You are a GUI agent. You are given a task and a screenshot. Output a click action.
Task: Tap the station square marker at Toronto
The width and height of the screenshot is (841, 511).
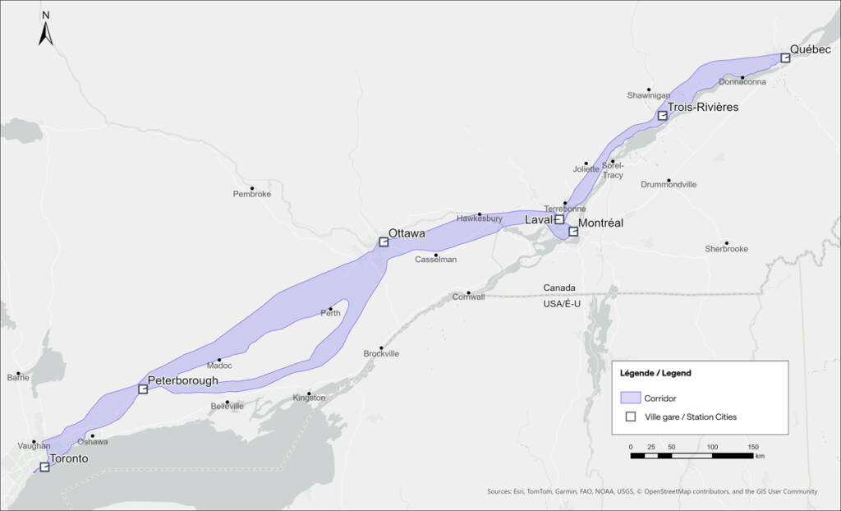pos(44,467)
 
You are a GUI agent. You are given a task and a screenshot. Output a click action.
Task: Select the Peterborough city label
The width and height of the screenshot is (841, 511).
pos(183,380)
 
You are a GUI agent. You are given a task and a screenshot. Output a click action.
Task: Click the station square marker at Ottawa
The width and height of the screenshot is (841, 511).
pos(383,242)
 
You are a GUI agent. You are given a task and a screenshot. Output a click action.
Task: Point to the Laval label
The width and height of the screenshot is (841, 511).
pos(538,220)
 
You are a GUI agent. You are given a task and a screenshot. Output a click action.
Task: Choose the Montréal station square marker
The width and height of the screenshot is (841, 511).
pos(573,232)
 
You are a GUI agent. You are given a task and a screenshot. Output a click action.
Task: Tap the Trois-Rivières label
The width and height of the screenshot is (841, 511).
pos(702,108)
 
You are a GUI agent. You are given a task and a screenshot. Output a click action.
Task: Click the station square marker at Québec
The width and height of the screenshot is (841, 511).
pos(785,58)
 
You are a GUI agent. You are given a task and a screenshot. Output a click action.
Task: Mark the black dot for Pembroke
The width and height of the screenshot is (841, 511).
pos(252,188)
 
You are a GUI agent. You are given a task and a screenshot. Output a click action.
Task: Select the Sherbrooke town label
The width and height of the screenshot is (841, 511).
pos(726,249)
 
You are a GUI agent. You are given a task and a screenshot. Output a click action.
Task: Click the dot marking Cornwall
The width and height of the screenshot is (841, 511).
pos(468,293)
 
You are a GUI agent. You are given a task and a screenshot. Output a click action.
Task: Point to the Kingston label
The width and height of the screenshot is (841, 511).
pos(309,398)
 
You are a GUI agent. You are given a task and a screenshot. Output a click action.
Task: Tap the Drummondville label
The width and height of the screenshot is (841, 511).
pos(669,185)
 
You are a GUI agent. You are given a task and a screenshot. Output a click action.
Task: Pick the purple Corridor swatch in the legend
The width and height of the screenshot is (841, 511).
pos(631,398)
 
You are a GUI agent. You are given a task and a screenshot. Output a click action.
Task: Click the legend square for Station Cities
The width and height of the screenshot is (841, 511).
pos(631,417)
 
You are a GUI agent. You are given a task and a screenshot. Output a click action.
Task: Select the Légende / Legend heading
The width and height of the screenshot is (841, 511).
pos(655,373)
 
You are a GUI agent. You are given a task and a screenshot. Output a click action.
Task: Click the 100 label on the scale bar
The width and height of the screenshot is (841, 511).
pos(712,447)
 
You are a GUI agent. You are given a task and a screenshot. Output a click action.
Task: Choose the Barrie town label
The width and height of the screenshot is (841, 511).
pos(18,378)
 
